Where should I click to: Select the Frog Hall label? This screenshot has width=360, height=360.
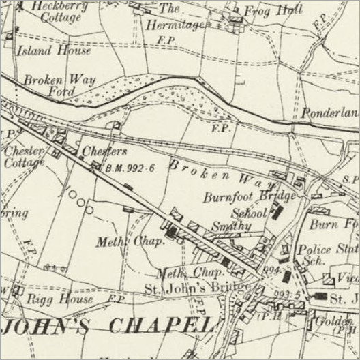click(271, 11)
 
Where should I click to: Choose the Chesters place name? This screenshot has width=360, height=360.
click(104, 151)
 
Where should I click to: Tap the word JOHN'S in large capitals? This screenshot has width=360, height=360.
click(52, 325)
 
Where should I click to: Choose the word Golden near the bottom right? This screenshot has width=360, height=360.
click(337, 320)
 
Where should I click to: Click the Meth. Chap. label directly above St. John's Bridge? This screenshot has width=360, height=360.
click(181, 273)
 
